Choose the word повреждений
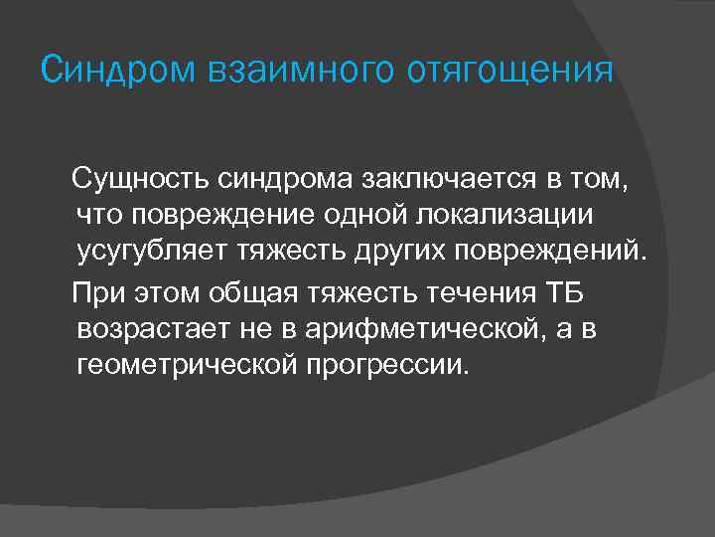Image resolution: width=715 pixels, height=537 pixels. click(551, 248)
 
